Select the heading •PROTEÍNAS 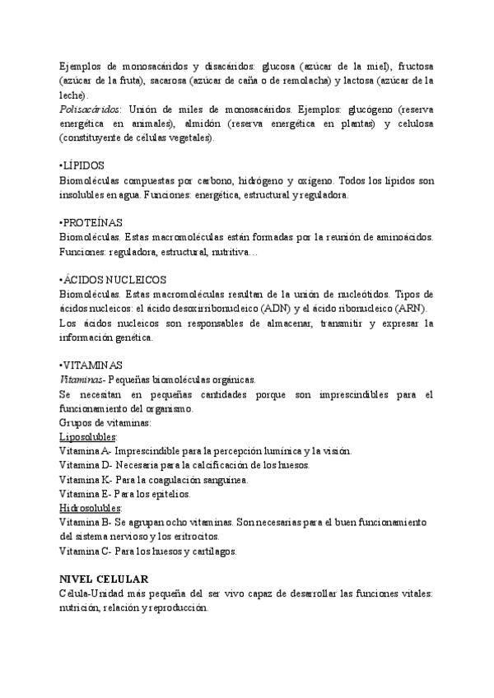click(x=91, y=222)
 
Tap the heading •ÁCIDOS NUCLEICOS click(x=114, y=279)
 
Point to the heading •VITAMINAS click(x=91, y=365)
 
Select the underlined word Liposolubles click(x=88, y=436)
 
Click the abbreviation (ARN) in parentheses click(x=413, y=308)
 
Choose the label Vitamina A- click(x=86, y=451)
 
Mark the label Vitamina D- click(x=86, y=465)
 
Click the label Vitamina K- click(x=86, y=479)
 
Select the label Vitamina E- click(x=85, y=494)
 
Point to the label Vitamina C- click(x=86, y=551)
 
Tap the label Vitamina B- click(x=86, y=523)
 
